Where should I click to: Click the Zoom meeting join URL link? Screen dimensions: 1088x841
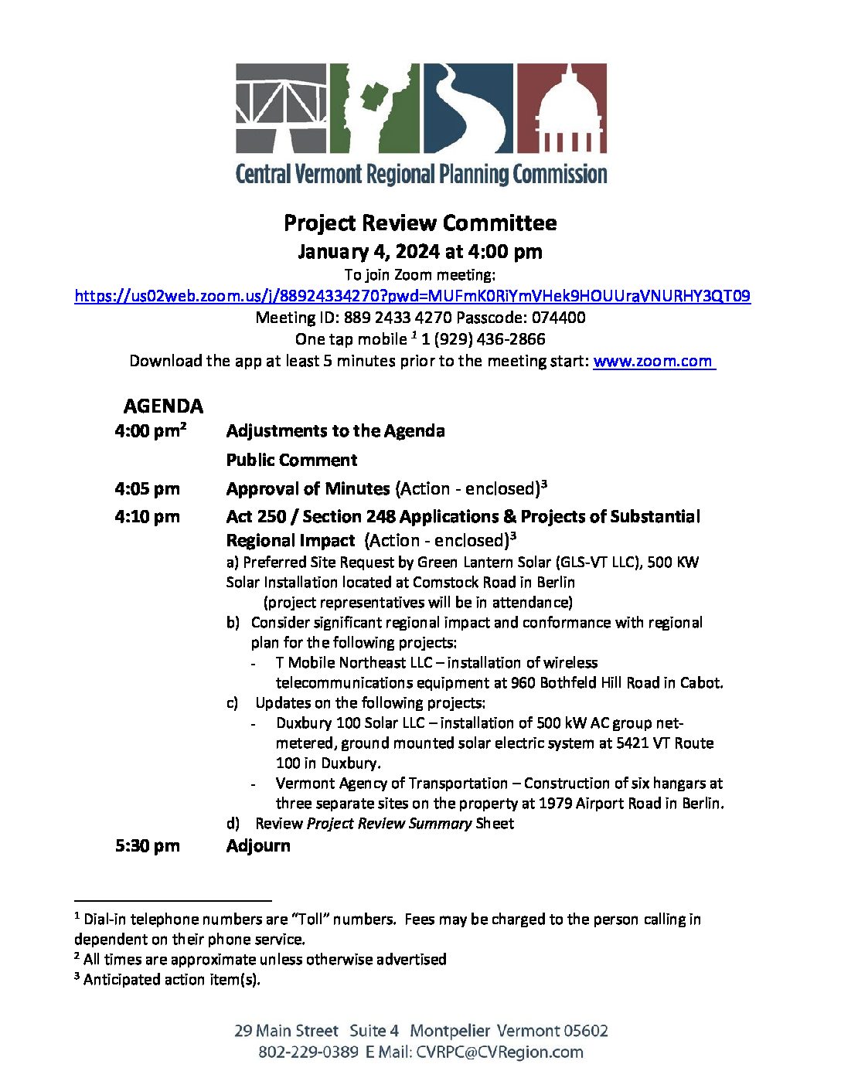pyautogui.click(x=412, y=296)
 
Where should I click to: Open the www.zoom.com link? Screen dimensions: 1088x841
pyautogui.click(x=653, y=361)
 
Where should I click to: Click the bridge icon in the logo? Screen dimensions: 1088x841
pyautogui.click(x=281, y=108)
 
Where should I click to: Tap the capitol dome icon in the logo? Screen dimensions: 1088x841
pyautogui.click(x=561, y=108)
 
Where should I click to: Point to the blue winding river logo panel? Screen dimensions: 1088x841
pyautogui.click(x=467, y=108)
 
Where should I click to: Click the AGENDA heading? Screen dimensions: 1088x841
pyautogui.click(x=163, y=406)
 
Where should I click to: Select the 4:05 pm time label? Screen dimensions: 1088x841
pyautogui.click(x=147, y=488)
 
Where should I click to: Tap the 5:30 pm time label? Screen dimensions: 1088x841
pyautogui.click(x=147, y=845)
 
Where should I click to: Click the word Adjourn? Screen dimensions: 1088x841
pyautogui.click(x=258, y=845)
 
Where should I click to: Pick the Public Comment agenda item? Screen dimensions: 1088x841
pyautogui.click(x=291, y=460)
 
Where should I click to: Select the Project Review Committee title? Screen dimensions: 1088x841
pyautogui.click(x=420, y=223)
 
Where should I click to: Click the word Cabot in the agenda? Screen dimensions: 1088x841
pyautogui.click(x=700, y=682)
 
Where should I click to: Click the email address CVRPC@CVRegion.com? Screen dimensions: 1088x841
pyautogui.click(x=499, y=1052)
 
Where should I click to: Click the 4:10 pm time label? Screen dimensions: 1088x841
pyautogui.click(x=147, y=516)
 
